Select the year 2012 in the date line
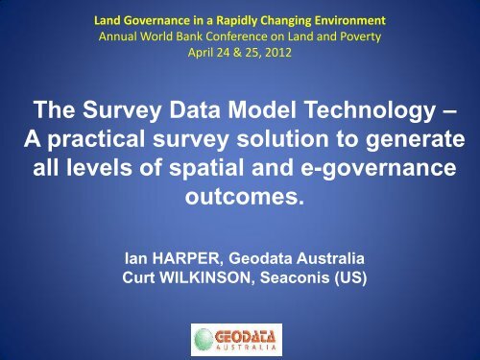[279, 52]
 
